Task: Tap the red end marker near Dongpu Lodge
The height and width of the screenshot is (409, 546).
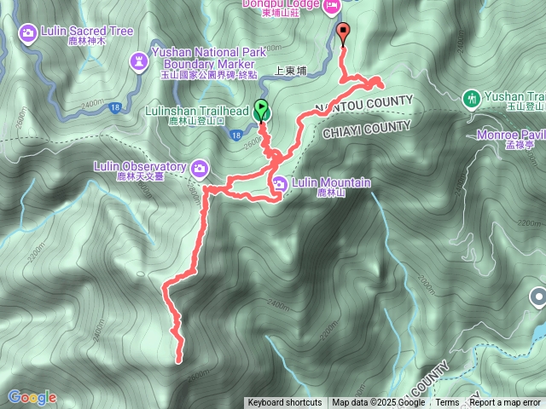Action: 344,34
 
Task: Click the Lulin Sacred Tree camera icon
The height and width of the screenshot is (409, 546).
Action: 27,32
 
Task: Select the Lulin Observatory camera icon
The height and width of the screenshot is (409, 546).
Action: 200,167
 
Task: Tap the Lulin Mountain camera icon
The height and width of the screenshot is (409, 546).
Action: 281,182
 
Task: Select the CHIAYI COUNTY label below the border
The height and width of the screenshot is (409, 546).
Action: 367,130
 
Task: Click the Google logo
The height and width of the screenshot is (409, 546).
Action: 32,397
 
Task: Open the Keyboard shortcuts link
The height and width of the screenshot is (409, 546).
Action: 285,403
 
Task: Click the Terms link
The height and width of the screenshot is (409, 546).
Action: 447,403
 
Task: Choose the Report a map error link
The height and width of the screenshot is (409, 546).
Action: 506,403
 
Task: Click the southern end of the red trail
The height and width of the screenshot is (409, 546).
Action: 179,360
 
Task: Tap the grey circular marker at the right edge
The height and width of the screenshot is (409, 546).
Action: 538,297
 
